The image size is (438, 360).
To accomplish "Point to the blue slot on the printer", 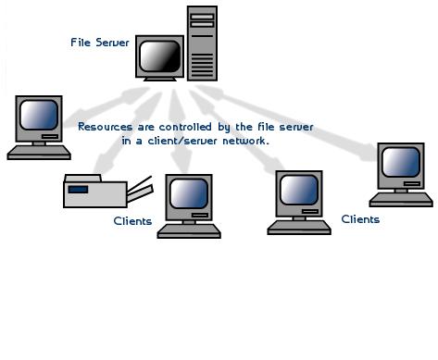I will [x=80, y=189].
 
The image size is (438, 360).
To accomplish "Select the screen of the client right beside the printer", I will [x=188, y=194].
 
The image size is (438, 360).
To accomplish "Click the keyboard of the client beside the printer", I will [x=189, y=230].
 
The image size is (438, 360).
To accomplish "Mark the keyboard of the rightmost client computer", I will [x=401, y=198].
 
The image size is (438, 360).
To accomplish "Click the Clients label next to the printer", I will [x=132, y=221].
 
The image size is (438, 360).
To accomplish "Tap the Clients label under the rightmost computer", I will [x=360, y=219].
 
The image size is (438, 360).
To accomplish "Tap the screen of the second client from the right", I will [x=301, y=191].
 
